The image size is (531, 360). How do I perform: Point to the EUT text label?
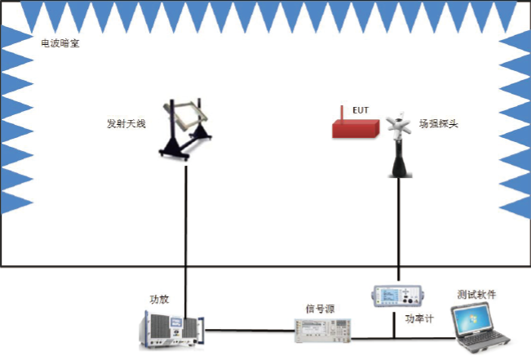click(360, 109)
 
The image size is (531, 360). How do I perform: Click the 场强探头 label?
click(438, 124)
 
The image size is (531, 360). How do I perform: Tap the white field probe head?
click(398, 125)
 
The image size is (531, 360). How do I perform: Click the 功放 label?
click(159, 299)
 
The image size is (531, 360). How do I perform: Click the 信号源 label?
click(318, 308)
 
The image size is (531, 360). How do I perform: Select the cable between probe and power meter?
click(398, 229)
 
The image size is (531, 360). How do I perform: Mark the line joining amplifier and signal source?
click(249, 331)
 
